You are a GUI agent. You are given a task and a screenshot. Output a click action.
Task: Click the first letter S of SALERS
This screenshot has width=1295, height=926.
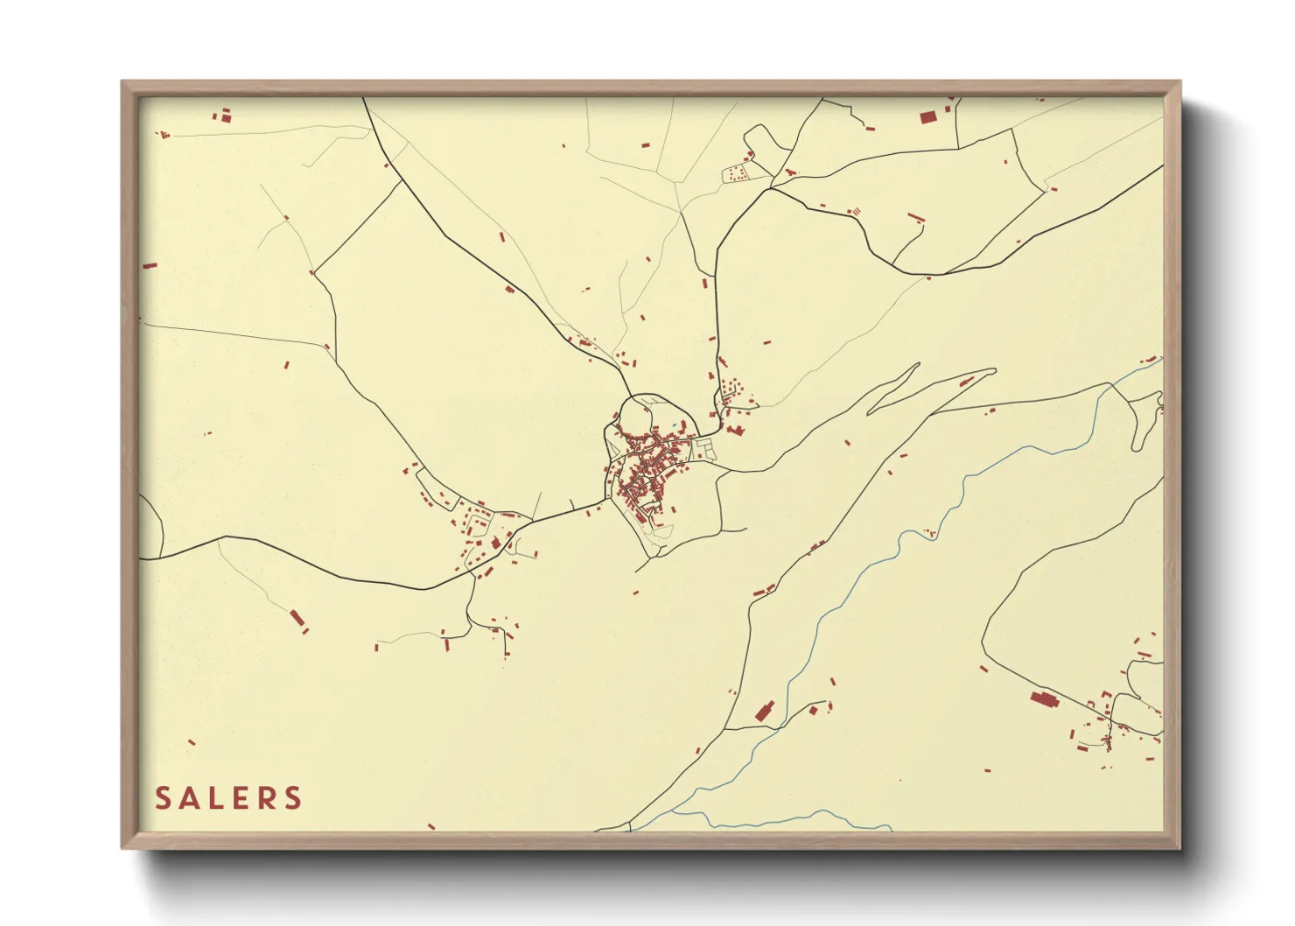coord(164,798)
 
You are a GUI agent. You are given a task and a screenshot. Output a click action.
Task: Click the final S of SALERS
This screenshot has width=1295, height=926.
coord(294,798)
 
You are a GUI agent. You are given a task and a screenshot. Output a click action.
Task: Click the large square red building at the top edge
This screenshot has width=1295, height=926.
coord(928,116)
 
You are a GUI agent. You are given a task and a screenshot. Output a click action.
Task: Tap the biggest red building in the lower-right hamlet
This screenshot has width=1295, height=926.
coord(1043,698)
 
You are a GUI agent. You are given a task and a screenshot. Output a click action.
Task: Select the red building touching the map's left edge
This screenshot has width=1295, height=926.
coord(150,265)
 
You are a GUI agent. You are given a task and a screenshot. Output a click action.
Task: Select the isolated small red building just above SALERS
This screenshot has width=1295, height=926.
coord(192,742)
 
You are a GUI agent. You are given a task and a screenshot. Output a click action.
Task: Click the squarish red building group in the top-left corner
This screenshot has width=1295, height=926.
coord(224,115)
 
